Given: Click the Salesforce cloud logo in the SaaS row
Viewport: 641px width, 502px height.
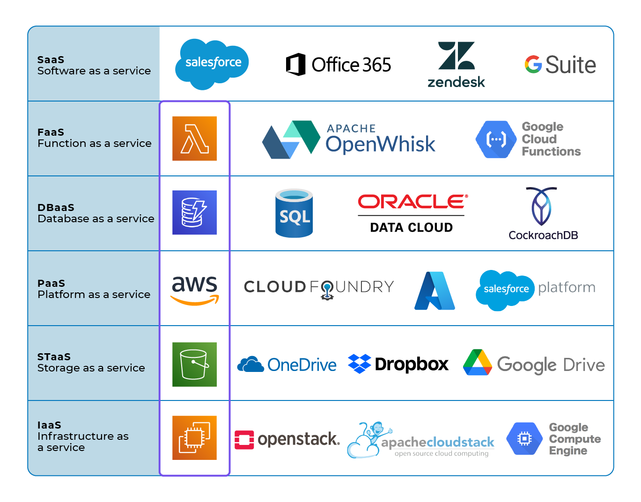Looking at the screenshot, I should tap(212, 64).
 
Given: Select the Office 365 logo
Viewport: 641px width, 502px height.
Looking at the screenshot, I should tap(338, 65).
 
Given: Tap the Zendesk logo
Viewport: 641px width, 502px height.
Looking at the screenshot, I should tap(456, 65).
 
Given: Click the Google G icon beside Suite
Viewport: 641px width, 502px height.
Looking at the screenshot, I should tap(533, 65).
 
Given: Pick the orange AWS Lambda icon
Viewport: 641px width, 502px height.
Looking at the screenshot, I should tap(194, 138).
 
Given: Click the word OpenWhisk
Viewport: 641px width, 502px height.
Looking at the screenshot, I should tap(380, 144).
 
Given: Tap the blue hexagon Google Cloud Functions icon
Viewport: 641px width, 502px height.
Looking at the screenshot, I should tap(496, 139).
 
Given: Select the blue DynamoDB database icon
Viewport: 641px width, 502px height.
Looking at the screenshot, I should tap(194, 212).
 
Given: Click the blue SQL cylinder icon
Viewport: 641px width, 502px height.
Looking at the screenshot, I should tap(294, 213).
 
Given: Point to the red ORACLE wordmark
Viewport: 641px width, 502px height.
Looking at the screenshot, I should tap(412, 202).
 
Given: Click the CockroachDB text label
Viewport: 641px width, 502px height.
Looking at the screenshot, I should tap(543, 235).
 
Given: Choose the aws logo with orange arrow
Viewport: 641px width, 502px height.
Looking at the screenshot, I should tap(195, 289).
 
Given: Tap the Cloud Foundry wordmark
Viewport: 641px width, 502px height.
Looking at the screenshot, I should tap(319, 287).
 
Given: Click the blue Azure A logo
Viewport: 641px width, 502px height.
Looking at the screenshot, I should tap(435, 291).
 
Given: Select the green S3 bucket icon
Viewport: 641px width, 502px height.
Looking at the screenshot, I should tap(194, 364).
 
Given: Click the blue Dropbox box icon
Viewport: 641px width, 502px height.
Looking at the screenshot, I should tap(359, 364).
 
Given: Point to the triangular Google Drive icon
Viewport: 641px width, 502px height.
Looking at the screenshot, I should tap(477, 363).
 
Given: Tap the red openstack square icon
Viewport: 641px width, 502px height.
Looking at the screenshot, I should tap(244, 440).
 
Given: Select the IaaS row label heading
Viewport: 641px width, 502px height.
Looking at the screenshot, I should tap(49, 425).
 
